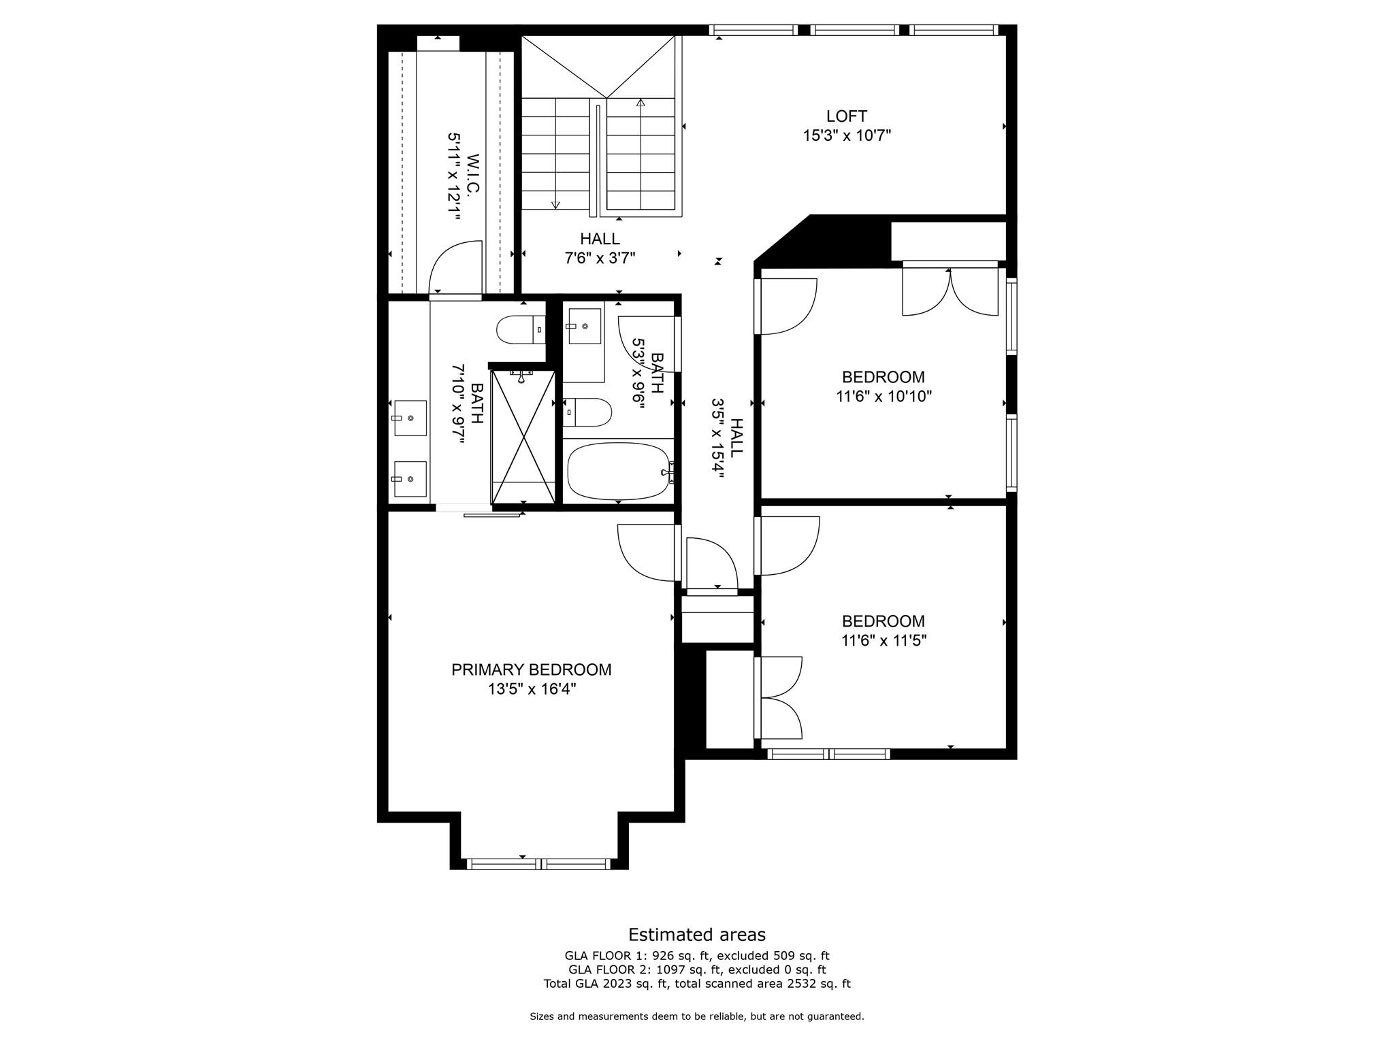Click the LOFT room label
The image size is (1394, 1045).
846,116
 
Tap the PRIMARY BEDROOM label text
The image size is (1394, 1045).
531,669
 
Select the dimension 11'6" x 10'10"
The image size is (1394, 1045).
884,396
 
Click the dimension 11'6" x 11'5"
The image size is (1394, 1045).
884,640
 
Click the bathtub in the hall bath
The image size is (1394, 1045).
618,471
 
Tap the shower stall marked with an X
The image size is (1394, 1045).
523,435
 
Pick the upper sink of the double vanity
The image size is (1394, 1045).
410,418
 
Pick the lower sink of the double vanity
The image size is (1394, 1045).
410,479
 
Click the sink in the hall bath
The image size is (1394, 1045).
584,327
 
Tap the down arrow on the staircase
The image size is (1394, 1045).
555,203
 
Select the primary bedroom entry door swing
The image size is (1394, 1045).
645,552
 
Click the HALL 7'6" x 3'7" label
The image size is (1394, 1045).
600,248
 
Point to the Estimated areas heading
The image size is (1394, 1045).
696,934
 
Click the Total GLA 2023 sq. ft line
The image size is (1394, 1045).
696,983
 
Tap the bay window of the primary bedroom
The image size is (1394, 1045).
538,864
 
